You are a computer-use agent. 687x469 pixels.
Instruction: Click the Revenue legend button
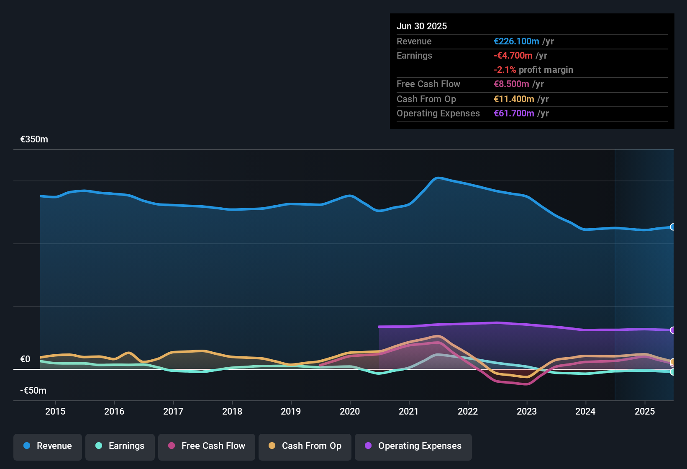pos(48,446)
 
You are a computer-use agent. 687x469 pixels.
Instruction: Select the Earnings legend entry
pos(120,446)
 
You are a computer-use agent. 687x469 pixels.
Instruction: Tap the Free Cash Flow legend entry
pos(207,446)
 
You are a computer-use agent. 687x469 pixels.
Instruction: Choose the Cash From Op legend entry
pos(305,446)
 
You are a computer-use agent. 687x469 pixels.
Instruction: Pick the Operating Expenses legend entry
pos(413,446)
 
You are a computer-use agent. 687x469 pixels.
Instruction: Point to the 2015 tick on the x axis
pos(55,411)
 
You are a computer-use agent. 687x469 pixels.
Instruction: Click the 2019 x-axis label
pos(291,411)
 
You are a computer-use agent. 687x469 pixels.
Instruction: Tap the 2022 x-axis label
pos(468,411)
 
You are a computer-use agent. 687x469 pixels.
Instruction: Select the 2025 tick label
pos(645,411)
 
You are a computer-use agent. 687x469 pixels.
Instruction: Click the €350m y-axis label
pos(34,139)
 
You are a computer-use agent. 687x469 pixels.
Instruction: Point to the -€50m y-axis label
pos(33,391)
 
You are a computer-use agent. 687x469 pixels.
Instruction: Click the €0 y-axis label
pos(26,359)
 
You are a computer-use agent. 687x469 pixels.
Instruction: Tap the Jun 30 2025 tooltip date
pos(422,26)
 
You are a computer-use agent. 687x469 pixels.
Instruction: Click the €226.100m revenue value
pos(516,41)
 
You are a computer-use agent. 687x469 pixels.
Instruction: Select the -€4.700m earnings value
pos(513,56)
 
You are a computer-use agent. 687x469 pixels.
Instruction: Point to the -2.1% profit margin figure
pos(505,70)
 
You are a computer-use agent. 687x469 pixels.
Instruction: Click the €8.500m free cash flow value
pos(511,84)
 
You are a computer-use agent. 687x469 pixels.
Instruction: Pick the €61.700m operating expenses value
pos(514,113)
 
